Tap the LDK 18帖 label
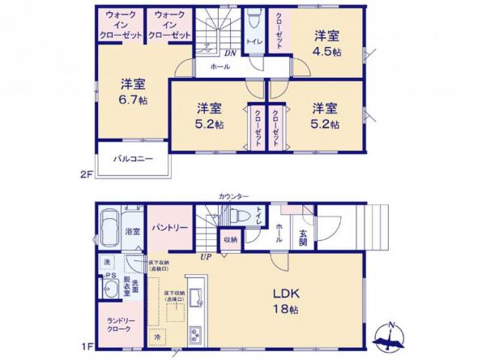(x=284, y=300)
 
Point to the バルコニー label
(x=133, y=159)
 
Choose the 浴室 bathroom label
(x=133, y=232)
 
